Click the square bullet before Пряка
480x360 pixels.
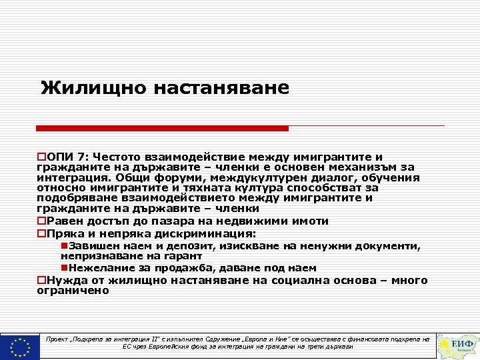click(x=41, y=234)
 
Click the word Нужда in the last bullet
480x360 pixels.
click(x=65, y=281)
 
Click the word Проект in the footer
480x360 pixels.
click(x=61, y=339)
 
